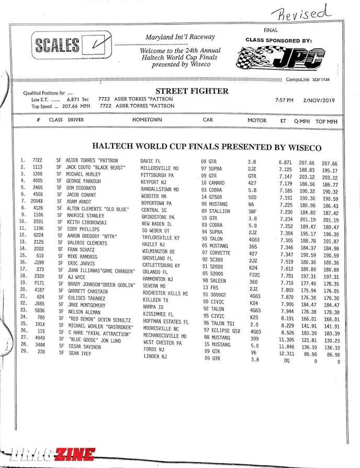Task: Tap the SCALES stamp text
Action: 58,45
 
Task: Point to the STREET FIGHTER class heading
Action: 192,91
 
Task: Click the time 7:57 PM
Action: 284,100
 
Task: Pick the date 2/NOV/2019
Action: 319,100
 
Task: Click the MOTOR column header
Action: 257,120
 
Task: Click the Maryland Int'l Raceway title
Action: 180,37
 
